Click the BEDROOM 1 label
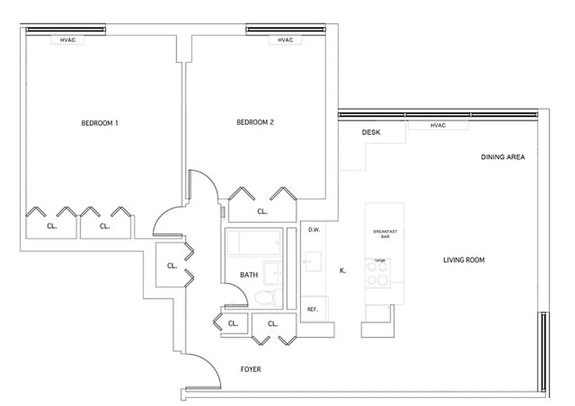tap(100, 123)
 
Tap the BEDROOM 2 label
tap(255, 122)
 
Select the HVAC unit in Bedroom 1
tap(67, 40)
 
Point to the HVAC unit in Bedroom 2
tap(285, 40)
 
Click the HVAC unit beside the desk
tap(437, 125)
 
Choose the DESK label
tap(371, 132)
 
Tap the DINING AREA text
tap(502, 157)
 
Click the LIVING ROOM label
tap(464, 260)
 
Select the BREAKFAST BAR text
tap(385, 234)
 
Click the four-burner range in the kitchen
tap(378, 274)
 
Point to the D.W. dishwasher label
tap(314, 230)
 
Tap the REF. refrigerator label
tap(313, 309)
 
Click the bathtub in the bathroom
tap(253, 243)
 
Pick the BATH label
tap(249, 275)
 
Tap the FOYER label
tap(251, 369)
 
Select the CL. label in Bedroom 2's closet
tap(262, 211)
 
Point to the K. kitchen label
tap(343, 270)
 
